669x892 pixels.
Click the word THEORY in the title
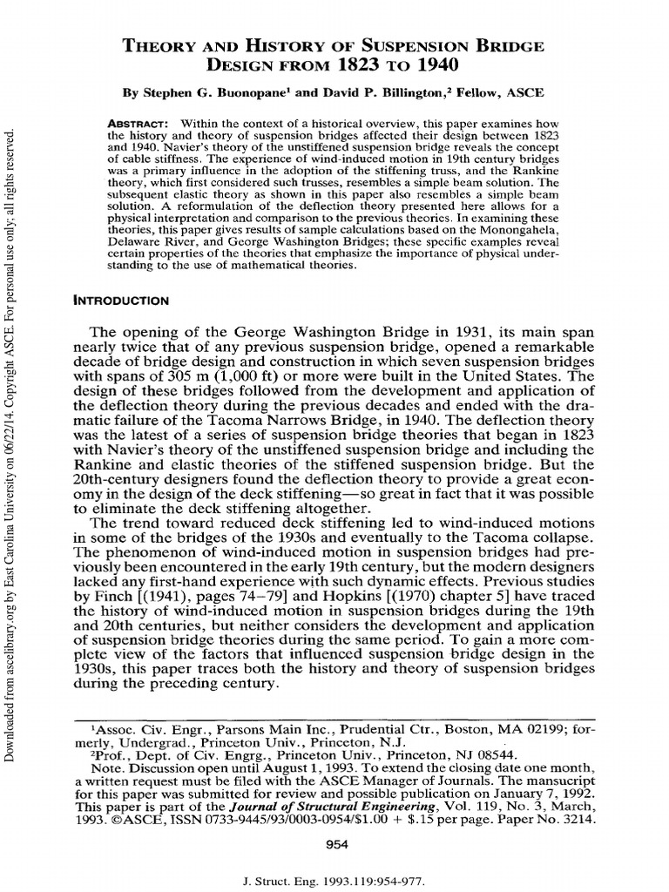click(x=150, y=45)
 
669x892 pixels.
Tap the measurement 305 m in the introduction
click(x=205, y=377)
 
